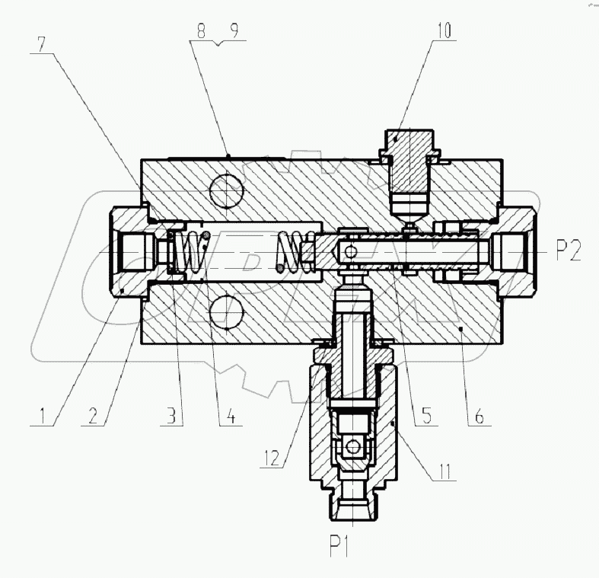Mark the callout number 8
[x=200, y=32]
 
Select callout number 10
[x=444, y=31]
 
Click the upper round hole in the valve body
[x=225, y=187]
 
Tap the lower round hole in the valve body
[x=225, y=313]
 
